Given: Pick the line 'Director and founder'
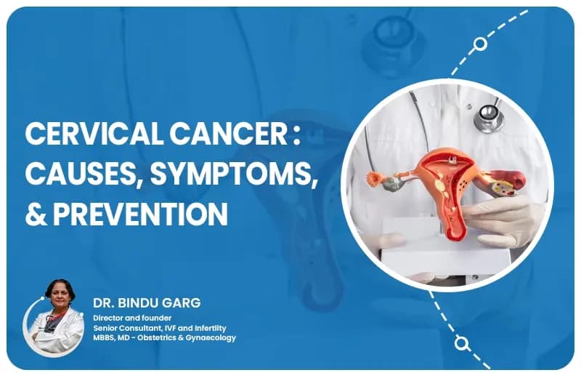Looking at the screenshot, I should pyautogui.click(x=127, y=318).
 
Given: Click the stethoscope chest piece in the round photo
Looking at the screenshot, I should pyautogui.click(x=489, y=116).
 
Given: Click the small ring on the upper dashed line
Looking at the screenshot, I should pyautogui.click(x=479, y=44).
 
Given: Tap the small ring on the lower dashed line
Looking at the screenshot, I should pyautogui.click(x=460, y=342).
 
